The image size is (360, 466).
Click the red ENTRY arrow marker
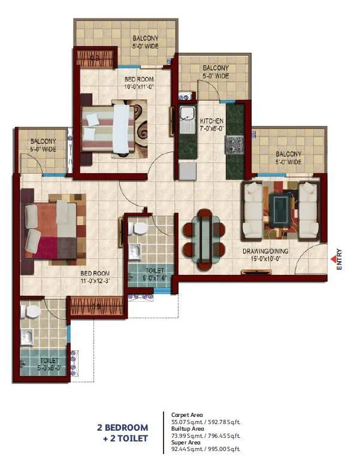click(333, 259)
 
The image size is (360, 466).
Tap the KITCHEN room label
click(211, 124)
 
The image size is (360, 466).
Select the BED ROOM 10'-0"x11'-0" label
click(139, 83)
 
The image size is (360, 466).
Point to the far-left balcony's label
click(43, 146)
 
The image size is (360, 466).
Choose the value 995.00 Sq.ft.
click(228, 449)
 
